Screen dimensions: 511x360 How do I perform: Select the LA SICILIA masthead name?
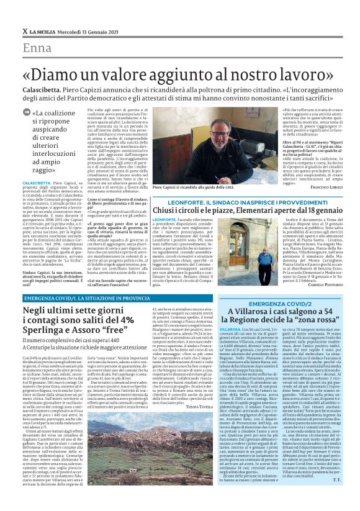41,31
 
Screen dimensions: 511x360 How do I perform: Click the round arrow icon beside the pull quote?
27,112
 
